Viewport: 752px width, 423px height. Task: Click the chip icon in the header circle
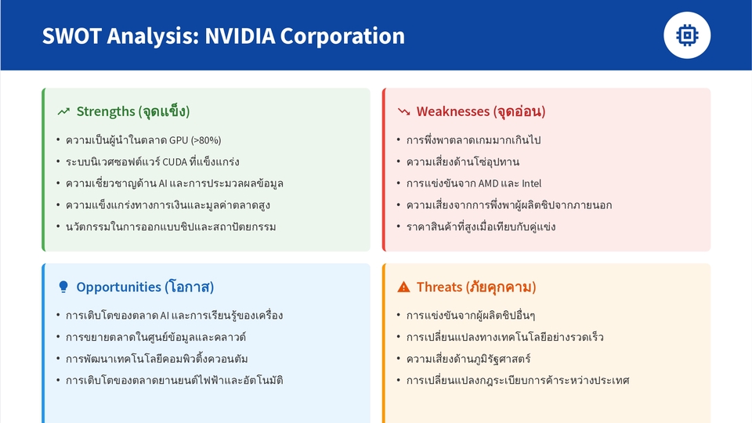(687, 35)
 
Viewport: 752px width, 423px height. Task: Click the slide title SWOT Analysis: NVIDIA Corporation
(223, 36)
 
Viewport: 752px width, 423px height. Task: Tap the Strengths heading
(133, 111)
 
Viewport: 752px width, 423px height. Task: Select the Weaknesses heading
(480, 111)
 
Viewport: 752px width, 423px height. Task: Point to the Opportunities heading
(145, 287)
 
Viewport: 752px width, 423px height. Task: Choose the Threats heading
(475, 287)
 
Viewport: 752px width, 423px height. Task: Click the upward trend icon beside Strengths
(63, 112)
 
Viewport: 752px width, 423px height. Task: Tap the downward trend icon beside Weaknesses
(404, 112)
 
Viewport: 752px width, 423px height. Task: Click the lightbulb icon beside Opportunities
(63, 287)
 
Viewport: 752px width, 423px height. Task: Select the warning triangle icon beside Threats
(404, 287)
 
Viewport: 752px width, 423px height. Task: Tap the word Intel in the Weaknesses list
(531, 183)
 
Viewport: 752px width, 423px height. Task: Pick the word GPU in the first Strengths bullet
(177, 140)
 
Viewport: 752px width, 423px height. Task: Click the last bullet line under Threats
(518, 381)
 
